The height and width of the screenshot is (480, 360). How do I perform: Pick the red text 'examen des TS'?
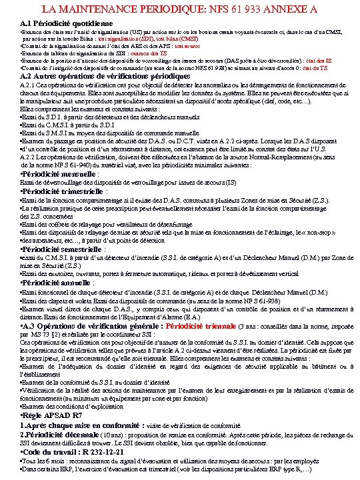tap(141, 53)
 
